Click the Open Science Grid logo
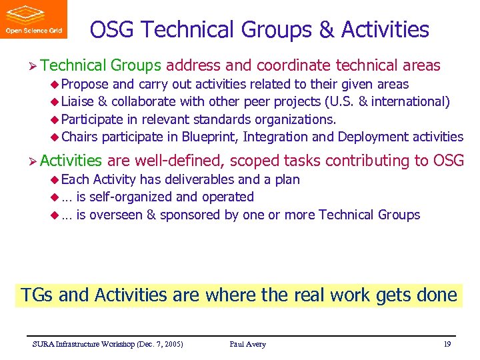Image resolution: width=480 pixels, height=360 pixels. click(33, 19)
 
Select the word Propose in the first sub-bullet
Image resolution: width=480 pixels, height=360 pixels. click(85, 85)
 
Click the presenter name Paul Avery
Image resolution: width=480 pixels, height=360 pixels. click(247, 344)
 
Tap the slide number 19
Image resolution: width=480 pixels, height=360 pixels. click(447, 344)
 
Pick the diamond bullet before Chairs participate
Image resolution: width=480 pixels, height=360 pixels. click(55, 137)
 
